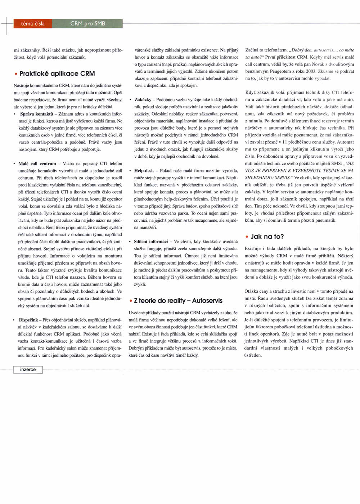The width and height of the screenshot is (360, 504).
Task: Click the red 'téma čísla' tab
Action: [x=33, y=24]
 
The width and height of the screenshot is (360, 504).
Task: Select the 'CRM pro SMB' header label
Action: [x=87, y=24]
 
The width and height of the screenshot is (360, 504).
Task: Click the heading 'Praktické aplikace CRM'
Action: [x=57, y=73]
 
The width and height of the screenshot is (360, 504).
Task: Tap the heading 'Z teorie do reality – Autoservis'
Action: [x=178, y=301]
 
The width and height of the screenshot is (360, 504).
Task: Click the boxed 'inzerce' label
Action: [x=28, y=369]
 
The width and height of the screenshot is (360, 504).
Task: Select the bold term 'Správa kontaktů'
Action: [x=36, y=114]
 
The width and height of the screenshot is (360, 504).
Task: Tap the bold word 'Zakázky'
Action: [x=143, y=100]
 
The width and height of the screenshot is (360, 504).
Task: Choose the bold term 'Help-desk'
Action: [x=144, y=171]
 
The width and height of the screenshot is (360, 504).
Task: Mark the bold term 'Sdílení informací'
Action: [x=150, y=242]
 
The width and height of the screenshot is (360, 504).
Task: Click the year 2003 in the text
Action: [x=311, y=71]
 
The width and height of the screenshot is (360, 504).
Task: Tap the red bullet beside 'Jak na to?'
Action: [x=247, y=237]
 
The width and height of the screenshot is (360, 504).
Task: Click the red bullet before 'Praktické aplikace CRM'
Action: [x=16, y=74]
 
